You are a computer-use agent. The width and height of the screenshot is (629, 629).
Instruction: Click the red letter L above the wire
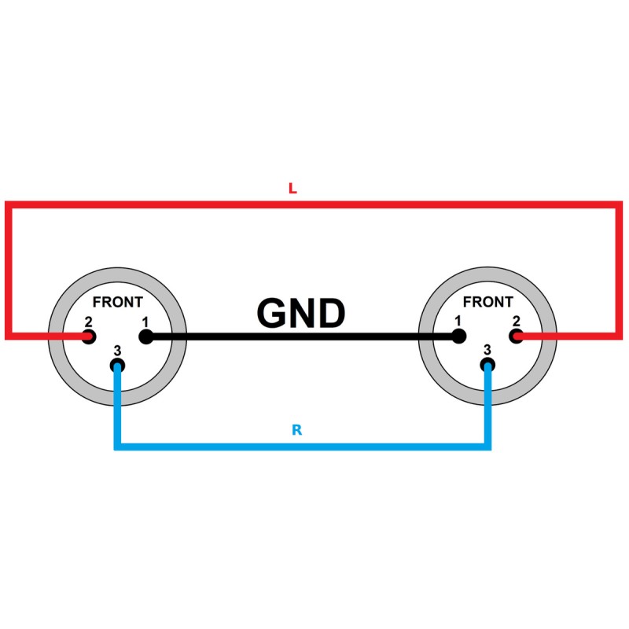click(x=292, y=189)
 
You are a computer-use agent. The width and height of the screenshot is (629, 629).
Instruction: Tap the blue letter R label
click(x=296, y=431)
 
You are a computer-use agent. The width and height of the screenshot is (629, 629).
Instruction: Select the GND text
click(x=301, y=314)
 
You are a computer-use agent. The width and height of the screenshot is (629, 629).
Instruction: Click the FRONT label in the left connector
click(x=118, y=302)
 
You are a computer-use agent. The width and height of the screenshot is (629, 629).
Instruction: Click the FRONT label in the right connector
click(x=487, y=302)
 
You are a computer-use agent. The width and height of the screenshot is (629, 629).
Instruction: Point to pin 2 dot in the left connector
click(x=89, y=337)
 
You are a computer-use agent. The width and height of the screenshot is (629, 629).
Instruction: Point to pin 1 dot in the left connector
click(x=145, y=337)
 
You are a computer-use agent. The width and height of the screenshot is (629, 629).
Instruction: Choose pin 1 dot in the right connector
click(x=459, y=337)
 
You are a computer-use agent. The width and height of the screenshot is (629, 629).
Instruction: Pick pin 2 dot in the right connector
click(x=517, y=337)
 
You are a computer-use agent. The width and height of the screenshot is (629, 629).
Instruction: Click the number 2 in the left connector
click(x=89, y=322)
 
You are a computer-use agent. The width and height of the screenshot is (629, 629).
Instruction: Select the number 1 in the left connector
click(x=145, y=322)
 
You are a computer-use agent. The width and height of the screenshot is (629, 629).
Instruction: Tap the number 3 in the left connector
click(x=117, y=351)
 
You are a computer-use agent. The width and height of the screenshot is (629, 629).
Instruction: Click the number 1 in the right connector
click(x=458, y=322)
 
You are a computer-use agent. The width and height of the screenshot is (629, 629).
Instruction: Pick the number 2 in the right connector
click(x=516, y=322)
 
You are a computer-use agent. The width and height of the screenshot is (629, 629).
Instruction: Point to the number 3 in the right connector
click(x=487, y=351)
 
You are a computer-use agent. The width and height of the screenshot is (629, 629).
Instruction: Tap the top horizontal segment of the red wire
click(x=314, y=204)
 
